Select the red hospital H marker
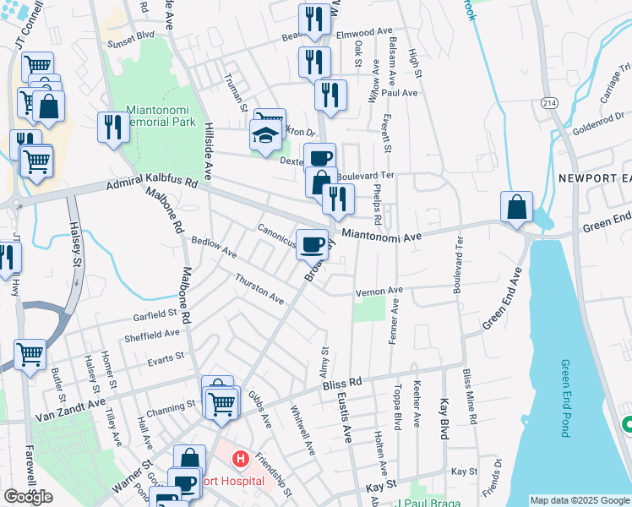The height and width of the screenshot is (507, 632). point(241,461)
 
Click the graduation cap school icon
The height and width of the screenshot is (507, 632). point(265,135)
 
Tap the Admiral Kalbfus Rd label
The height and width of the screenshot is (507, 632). point(151,183)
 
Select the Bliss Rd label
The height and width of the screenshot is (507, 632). point(342,384)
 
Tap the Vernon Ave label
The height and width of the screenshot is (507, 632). point(379,292)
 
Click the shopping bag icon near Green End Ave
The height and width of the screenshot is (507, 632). point(516,206)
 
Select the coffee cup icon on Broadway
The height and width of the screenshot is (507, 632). point(313,244)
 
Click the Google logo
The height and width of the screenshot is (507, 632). point(28,497)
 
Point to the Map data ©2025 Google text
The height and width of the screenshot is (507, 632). point(579,500)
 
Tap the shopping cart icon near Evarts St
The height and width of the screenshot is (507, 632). point(30,354)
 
